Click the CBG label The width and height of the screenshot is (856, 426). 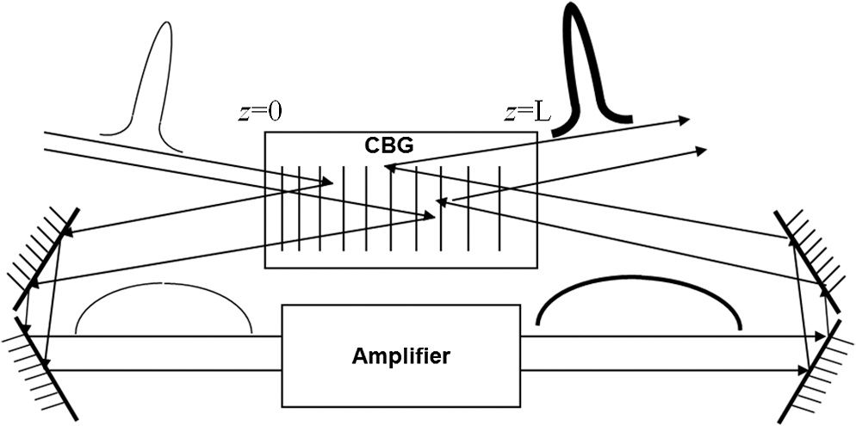(x=389, y=145)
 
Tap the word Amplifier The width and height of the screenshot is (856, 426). (x=401, y=356)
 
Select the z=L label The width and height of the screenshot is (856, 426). (x=527, y=113)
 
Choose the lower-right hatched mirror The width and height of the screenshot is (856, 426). (x=816, y=372)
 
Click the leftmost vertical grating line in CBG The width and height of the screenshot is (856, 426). (x=282, y=209)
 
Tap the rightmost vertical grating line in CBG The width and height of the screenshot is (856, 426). (x=499, y=209)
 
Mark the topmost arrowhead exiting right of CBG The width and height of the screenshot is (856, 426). (x=684, y=120)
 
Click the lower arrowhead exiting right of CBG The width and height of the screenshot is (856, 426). (x=701, y=150)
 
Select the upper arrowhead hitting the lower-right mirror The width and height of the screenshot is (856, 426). (x=820, y=336)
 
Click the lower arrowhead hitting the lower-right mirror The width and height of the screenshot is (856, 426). (x=803, y=370)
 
